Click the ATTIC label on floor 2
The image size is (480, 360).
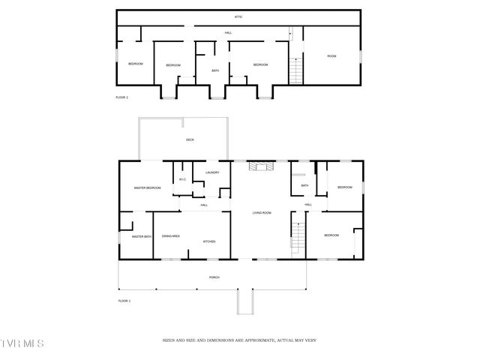(237, 16)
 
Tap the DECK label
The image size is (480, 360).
(190, 140)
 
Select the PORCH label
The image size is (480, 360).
(214, 277)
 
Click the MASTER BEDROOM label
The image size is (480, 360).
(148, 187)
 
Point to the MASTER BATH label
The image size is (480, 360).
(142, 237)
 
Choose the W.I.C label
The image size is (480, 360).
(182, 179)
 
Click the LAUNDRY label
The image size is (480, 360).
(211, 173)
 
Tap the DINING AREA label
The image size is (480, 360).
(170, 236)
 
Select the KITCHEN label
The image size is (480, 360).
(208, 241)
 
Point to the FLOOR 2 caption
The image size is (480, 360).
(121, 97)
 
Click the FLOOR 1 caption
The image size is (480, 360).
(124, 301)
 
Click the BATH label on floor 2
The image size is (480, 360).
(214, 71)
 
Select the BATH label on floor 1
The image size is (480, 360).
(304, 186)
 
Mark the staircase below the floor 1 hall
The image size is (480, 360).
(298, 238)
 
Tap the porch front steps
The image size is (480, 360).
(244, 302)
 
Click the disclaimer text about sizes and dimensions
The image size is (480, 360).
(239, 340)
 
